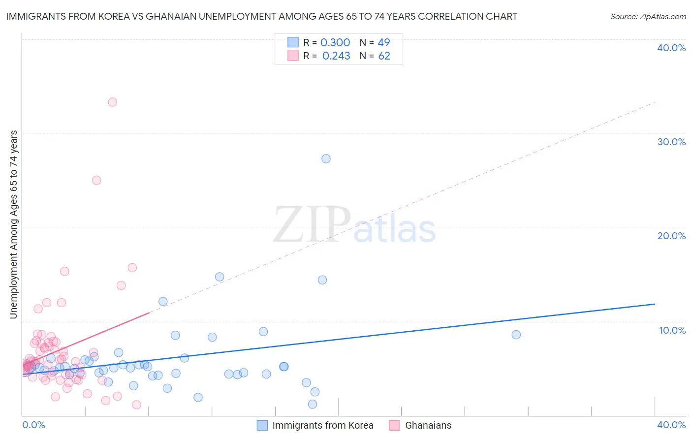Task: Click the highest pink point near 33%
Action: click(112, 102)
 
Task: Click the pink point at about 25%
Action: click(96, 180)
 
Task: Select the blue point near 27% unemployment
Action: click(326, 159)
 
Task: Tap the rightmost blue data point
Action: click(516, 335)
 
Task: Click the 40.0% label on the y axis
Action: click(671, 48)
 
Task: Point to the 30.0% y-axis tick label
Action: click(671, 142)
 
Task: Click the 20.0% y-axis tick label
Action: click(671, 236)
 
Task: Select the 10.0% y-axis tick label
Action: click(672, 330)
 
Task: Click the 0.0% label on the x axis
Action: click(33, 425)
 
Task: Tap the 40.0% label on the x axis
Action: click(671, 425)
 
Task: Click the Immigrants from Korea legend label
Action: click(323, 426)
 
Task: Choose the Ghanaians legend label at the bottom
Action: click(428, 426)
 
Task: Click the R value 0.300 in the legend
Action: click(335, 43)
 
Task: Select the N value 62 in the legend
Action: click(384, 56)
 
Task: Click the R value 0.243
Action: click(336, 56)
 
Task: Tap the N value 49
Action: click(384, 43)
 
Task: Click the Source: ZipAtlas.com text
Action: click(648, 17)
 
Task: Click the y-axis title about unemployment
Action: click(14, 224)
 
